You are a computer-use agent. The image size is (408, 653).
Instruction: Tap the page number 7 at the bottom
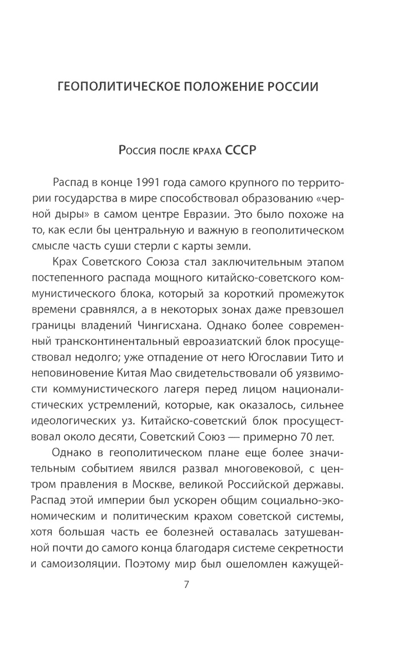click(187, 584)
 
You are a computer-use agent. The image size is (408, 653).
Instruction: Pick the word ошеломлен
click(257, 564)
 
